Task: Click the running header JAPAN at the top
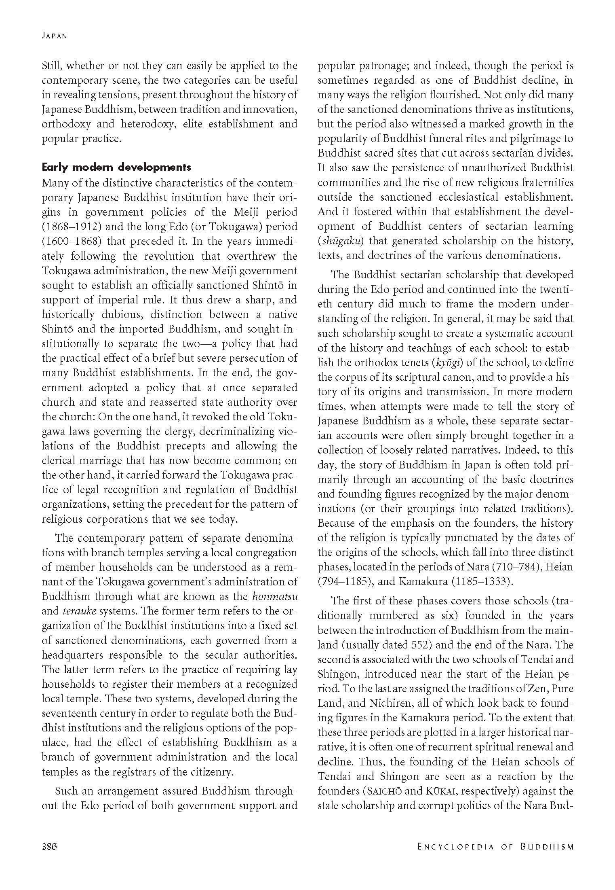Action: [x=54, y=36]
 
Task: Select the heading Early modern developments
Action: [x=116, y=167]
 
